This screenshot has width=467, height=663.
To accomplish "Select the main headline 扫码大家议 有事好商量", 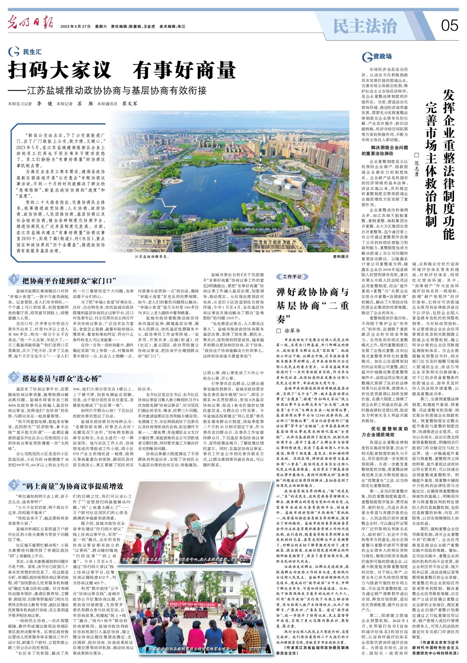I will (x=122, y=69).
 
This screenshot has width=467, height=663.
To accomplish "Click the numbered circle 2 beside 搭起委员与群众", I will (x=13, y=377).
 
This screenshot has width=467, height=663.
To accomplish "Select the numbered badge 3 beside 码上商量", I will (x=13, y=485).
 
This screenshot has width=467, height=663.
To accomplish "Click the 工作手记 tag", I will (x=292, y=277).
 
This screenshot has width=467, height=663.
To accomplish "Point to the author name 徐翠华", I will (x=293, y=330).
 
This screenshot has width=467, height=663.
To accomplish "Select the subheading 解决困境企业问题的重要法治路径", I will (x=384, y=151).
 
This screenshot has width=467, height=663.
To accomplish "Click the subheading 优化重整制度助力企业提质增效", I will (x=384, y=431).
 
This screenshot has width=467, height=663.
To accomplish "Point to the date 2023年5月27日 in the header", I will (x=76, y=27).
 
